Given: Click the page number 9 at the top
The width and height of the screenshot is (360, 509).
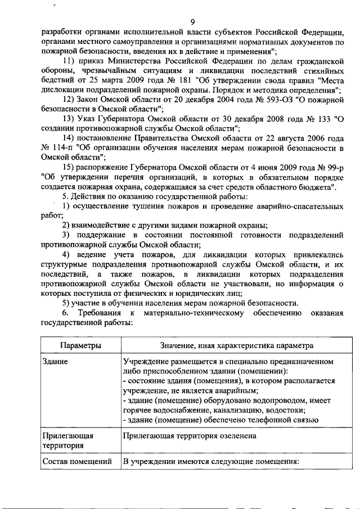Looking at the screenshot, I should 192,21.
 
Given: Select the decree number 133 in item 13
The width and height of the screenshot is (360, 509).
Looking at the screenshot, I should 318,119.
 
